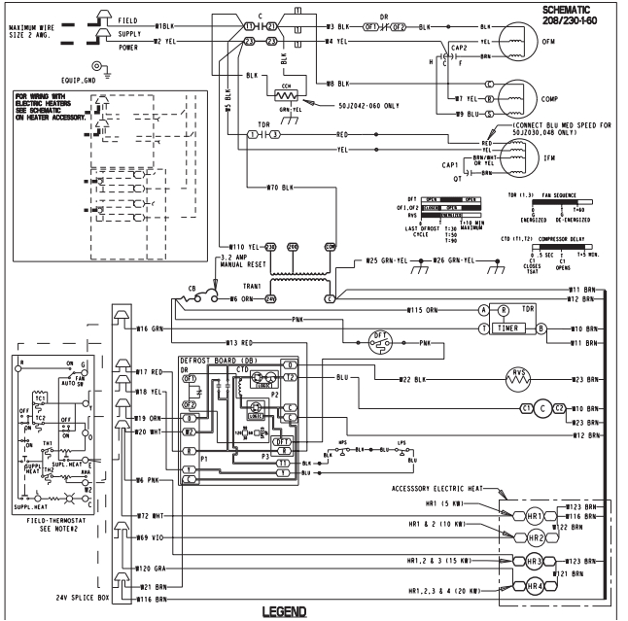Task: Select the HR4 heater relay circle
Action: [537, 587]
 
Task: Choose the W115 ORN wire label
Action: [425, 309]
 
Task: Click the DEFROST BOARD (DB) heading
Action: [224, 360]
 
